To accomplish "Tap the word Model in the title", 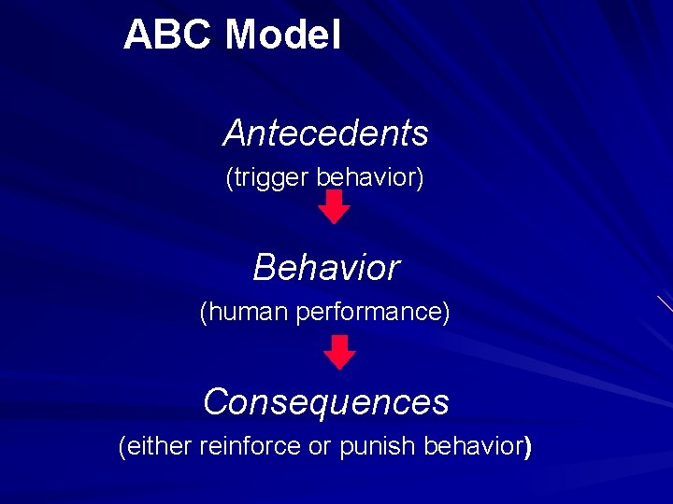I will tap(283, 35).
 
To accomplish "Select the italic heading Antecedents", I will tap(325, 133).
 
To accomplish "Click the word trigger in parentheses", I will tap(271, 177).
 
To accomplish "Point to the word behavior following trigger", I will tap(366, 176).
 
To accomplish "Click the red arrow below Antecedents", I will tap(335, 207).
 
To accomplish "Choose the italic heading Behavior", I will tap(325, 268).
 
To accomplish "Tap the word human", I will tap(247, 312).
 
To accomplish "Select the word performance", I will tap(371, 312).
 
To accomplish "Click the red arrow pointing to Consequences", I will tap(340, 353).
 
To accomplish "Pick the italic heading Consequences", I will tap(325, 402).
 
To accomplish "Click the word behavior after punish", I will tap(473, 447).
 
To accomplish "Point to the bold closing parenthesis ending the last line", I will tap(528, 448).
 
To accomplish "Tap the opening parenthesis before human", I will tap(204, 313).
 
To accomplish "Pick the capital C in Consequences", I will tap(216, 402).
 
